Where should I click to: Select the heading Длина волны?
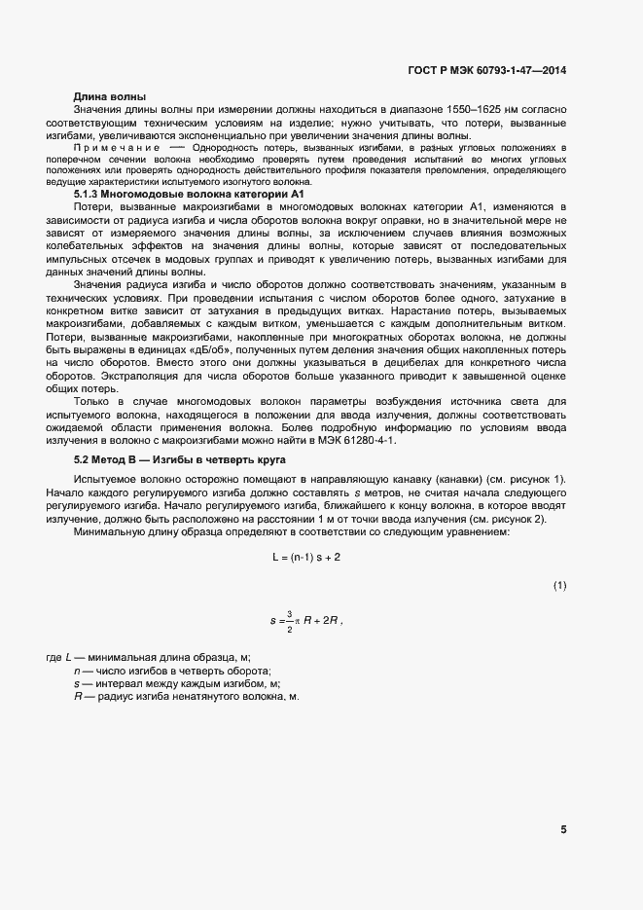click(110, 97)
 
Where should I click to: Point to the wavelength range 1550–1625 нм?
click(469, 111)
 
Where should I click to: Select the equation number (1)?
click(559, 585)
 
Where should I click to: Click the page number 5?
click(563, 829)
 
